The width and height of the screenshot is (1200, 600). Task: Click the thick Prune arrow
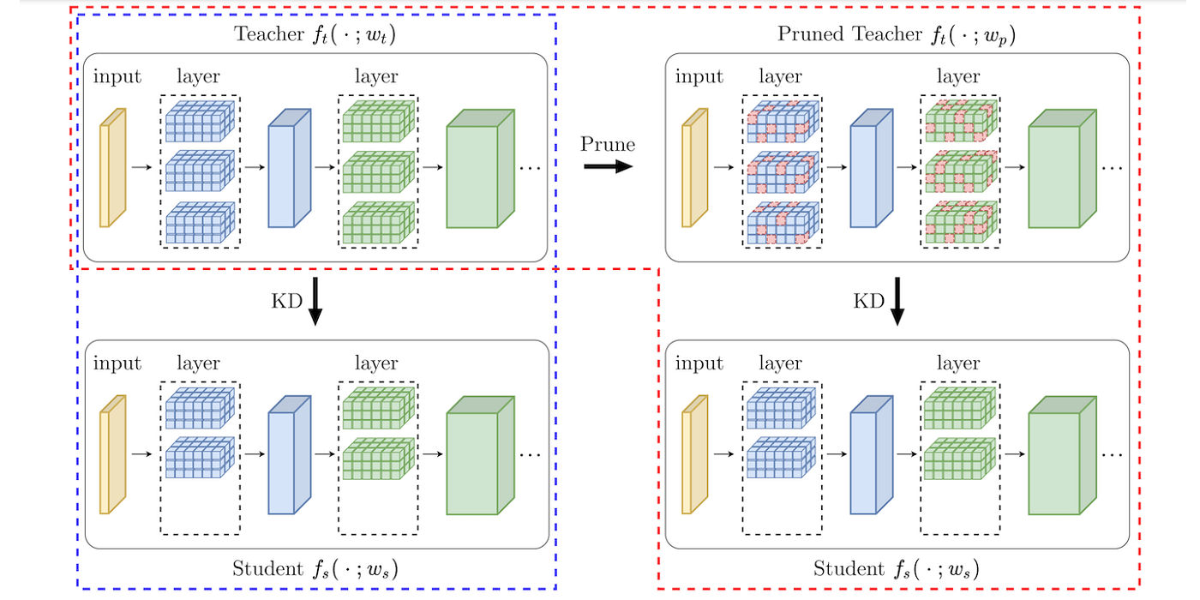coord(609,165)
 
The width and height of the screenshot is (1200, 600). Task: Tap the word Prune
coord(608,143)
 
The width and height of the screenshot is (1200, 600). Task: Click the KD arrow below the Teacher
coord(315,301)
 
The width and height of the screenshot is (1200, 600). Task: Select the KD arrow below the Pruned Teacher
coord(897,301)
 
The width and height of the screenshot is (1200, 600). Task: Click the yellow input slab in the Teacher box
coord(112,168)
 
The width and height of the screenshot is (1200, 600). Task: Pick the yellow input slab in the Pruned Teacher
coord(694,168)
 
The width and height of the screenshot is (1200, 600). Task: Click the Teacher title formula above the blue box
coord(315,35)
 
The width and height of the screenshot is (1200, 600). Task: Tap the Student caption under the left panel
coord(315,568)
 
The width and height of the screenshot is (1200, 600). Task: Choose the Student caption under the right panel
coord(896,568)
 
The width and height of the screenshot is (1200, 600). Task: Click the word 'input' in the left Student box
coord(117,363)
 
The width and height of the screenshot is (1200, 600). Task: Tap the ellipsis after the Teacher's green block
coord(531,168)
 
